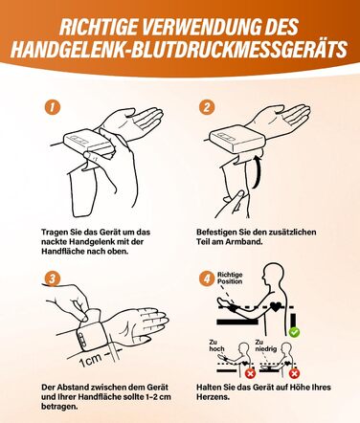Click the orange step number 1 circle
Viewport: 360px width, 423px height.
52,107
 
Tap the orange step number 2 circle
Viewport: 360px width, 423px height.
207,107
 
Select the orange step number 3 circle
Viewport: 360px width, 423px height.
52,278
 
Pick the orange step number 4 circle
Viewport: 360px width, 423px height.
207,278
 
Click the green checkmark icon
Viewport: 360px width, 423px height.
294,332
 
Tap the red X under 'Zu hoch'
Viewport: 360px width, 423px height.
250,373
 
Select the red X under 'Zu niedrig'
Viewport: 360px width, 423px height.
294,373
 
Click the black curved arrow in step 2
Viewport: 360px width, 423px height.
257,171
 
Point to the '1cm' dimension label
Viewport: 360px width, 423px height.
90,360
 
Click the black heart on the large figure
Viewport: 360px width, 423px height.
275,306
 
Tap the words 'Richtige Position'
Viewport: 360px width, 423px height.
230,278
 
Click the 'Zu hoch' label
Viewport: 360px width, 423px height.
216,345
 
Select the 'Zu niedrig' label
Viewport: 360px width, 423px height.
266,345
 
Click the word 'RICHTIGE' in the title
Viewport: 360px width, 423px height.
99,27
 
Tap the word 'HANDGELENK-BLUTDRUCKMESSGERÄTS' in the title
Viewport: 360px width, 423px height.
179,50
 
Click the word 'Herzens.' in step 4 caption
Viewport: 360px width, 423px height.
213,397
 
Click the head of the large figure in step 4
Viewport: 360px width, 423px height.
273,272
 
